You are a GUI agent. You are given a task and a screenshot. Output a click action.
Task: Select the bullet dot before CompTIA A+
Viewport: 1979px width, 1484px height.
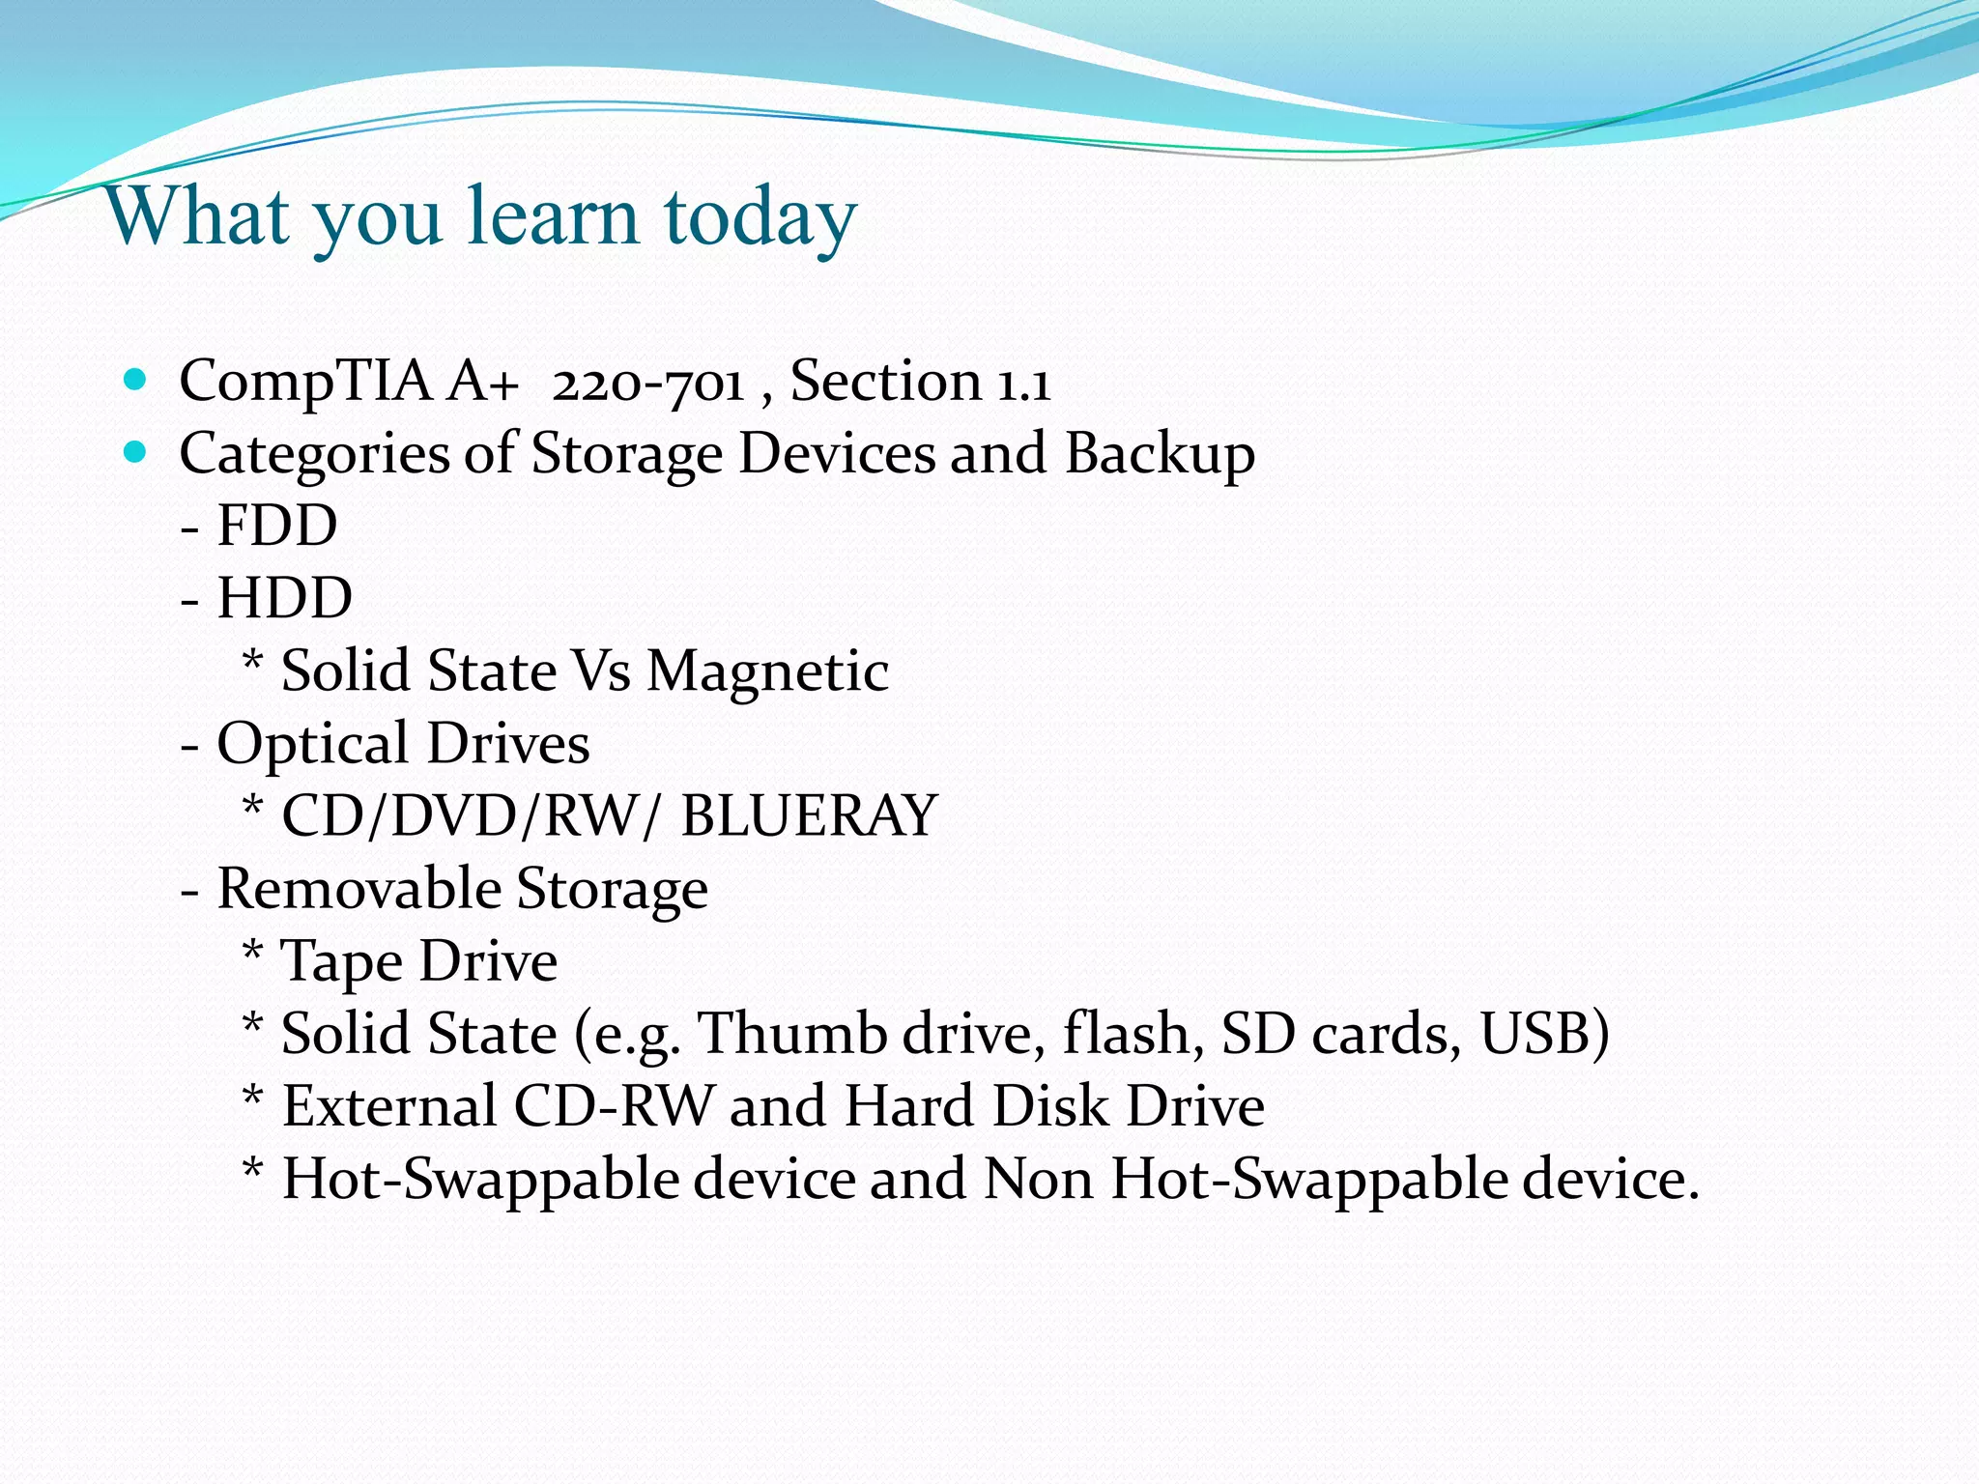tap(135, 378)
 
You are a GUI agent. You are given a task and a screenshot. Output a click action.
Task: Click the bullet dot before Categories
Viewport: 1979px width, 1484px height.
tap(135, 450)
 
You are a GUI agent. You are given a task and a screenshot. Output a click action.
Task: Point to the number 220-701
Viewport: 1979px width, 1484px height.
tap(647, 382)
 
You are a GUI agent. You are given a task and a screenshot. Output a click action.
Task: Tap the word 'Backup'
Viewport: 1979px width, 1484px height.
tap(1160, 454)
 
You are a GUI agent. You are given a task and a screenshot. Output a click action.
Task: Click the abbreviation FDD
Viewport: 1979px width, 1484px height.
tap(277, 527)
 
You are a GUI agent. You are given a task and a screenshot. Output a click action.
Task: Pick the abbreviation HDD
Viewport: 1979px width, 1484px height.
tap(285, 599)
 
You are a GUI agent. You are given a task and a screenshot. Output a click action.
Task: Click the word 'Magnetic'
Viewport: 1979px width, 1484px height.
tap(767, 671)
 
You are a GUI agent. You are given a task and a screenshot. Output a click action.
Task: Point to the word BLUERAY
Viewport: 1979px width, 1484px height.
tap(809, 816)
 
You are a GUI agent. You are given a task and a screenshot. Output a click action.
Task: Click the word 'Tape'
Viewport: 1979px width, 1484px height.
tap(340, 962)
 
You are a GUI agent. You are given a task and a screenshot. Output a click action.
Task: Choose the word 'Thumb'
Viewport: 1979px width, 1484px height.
tap(792, 1034)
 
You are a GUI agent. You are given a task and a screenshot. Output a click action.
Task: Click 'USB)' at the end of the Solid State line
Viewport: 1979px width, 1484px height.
tap(1544, 1034)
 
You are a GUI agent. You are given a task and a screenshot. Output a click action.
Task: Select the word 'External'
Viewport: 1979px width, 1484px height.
tap(388, 1106)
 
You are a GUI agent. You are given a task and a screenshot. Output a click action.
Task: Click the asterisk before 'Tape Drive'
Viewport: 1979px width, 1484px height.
tap(252, 952)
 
